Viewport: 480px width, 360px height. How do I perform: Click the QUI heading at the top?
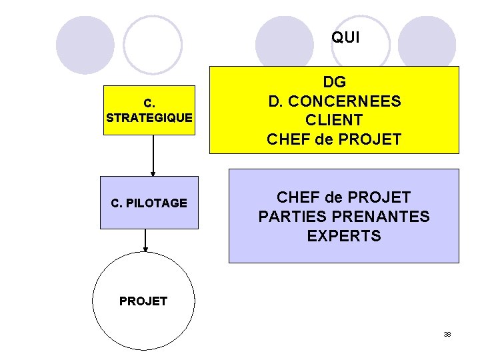click(x=345, y=38)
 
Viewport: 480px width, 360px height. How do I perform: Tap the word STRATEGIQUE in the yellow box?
click(x=149, y=118)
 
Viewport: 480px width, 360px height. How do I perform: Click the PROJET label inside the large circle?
click(x=143, y=301)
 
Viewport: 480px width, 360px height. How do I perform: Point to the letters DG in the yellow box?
click(x=334, y=83)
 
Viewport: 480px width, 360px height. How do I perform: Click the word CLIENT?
click(x=334, y=121)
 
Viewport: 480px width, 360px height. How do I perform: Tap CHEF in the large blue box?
click(x=298, y=197)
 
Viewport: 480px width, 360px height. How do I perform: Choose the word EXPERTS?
click(x=344, y=236)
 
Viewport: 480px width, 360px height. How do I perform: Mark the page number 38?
click(x=447, y=334)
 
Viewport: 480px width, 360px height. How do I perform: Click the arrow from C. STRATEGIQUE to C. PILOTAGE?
click(x=153, y=155)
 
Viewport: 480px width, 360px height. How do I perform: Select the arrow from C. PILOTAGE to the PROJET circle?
click(x=145, y=240)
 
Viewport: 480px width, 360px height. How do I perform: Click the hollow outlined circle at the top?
click(x=153, y=45)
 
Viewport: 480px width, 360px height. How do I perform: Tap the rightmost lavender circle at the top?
click(x=426, y=45)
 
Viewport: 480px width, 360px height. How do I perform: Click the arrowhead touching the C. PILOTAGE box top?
click(x=153, y=173)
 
